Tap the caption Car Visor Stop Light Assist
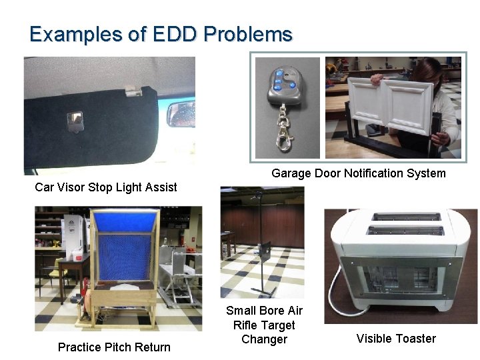(106, 187)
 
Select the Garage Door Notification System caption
(358, 173)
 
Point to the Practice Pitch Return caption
(114, 347)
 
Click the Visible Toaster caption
(396, 339)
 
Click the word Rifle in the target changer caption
(247, 325)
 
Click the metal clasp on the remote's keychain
(288, 140)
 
